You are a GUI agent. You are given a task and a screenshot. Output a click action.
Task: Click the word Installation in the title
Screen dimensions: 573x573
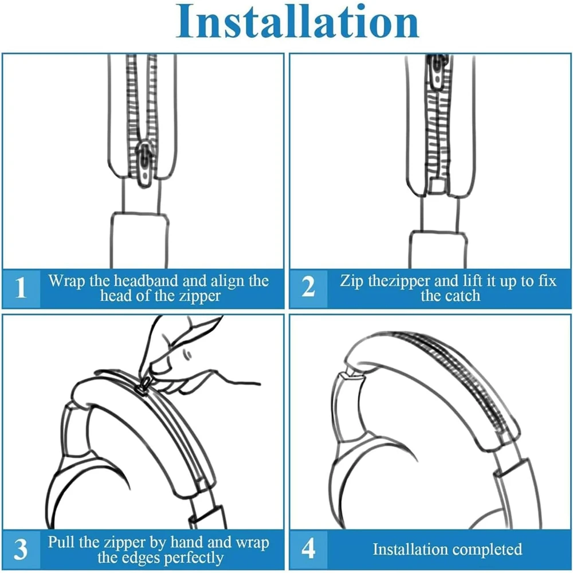click(x=297, y=22)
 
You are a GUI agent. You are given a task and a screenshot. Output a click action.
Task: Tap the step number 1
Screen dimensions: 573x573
click(x=20, y=288)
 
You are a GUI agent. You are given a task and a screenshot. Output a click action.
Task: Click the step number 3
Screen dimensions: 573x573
click(x=20, y=550)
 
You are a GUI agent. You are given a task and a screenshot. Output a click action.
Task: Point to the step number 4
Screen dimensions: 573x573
click(x=309, y=548)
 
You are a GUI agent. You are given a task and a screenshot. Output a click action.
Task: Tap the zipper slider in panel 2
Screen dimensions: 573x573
click(x=438, y=72)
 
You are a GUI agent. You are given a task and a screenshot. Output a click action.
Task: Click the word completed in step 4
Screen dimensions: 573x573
click(x=488, y=550)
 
